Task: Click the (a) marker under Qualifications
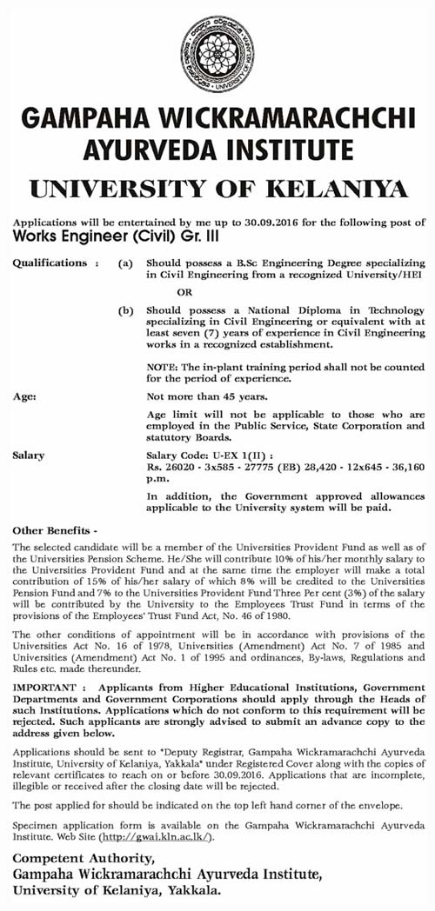[x=126, y=262]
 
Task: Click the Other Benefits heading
[x=52, y=529]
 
